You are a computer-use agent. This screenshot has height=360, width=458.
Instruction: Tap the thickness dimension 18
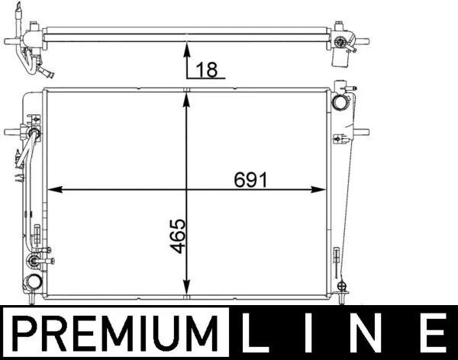[208, 69]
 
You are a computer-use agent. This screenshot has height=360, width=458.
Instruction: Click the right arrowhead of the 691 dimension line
[324, 189]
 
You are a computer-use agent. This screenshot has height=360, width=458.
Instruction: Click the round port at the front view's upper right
[340, 101]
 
